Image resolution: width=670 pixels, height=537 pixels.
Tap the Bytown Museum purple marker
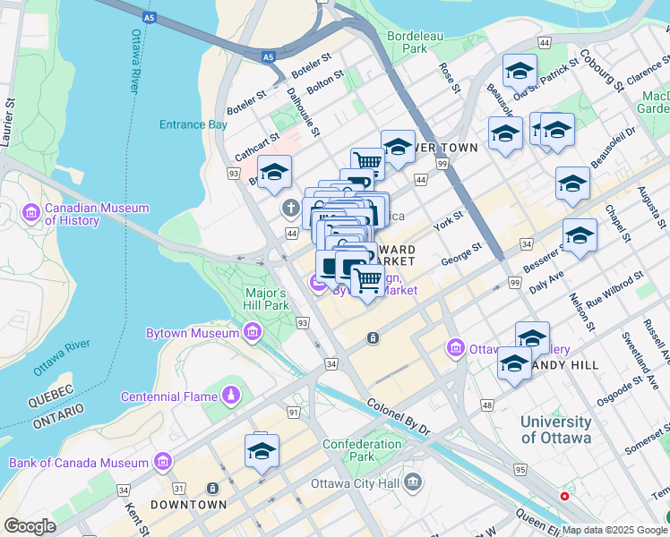point(252,334)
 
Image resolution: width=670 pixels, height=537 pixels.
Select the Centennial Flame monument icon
point(232,396)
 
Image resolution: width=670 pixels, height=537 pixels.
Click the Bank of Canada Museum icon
point(162,462)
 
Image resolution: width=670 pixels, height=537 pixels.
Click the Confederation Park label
point(362,451)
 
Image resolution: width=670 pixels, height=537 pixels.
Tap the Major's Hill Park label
point(266,299)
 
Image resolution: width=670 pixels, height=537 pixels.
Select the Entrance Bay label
point(193,124)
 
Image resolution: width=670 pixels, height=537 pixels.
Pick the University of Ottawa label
point(555,430)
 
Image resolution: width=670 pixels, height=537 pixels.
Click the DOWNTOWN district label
point(188,505)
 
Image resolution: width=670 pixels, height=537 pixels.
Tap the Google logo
point(30,525)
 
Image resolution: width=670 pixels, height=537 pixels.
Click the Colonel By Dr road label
point(398,417)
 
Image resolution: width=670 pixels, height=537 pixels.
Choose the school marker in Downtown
point(262,452)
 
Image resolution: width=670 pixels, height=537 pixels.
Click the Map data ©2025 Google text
point(614,530)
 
